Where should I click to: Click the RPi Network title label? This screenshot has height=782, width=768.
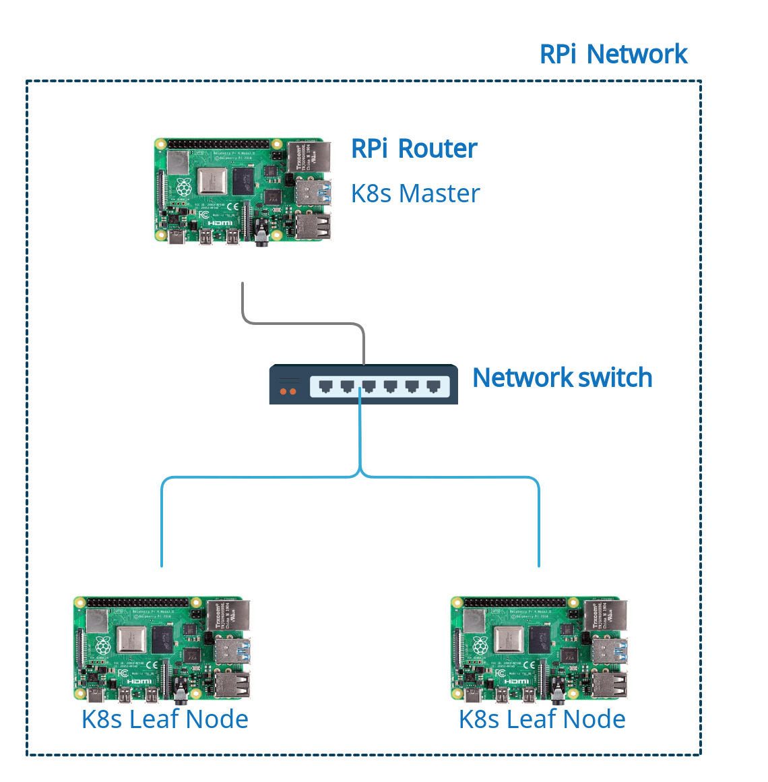(613, 54)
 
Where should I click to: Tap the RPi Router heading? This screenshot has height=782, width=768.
(414, 148)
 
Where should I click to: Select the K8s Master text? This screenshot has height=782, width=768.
(415, 193)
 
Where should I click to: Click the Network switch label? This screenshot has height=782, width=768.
(562, 378)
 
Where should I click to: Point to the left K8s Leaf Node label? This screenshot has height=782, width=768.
(165, 719)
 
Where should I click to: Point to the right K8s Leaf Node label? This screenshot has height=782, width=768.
(542, 719)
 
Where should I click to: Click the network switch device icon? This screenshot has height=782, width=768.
(364, 385)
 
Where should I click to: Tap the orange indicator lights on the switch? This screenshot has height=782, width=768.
(288, 391)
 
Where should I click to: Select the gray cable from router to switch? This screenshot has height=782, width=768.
(303, 323)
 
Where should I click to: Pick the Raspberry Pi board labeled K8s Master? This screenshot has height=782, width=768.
(243, 191)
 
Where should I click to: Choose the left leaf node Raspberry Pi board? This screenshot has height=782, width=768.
(162, 649)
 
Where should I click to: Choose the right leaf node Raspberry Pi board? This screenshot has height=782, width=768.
(539, 649)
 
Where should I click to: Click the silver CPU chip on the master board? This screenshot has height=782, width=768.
(212, 181)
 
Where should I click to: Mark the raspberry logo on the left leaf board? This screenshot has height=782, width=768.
(102, 643)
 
